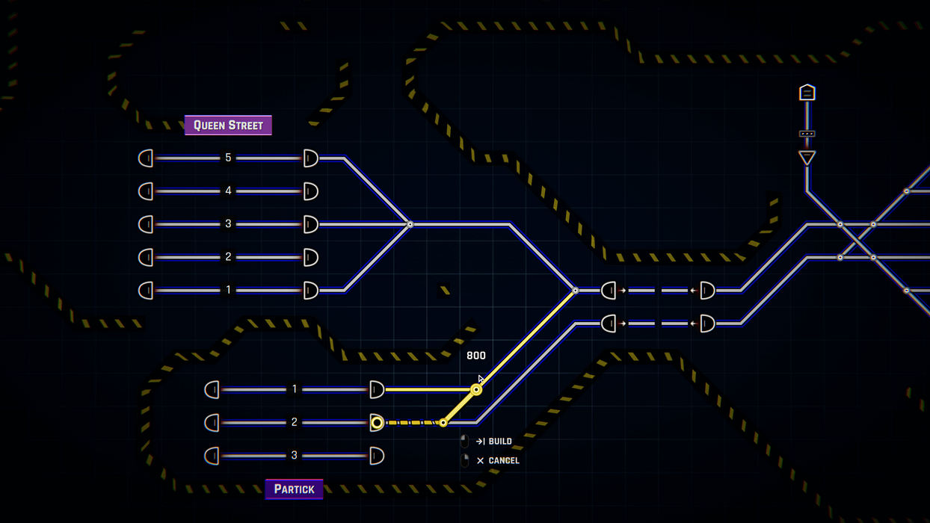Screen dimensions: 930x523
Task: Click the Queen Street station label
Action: click(228, 126)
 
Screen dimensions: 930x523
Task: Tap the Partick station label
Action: click(295, 489)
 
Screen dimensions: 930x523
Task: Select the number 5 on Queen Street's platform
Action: click(228, 158)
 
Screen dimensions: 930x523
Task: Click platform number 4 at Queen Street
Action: click(228, 191)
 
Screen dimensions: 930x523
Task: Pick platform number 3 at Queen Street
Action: click(228, 224)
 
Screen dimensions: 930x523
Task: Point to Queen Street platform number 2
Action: click(228, 257)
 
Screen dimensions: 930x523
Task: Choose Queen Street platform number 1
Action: click(228, 290)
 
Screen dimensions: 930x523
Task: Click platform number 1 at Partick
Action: click(295, 389)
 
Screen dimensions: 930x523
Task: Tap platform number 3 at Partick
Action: click(295, 455)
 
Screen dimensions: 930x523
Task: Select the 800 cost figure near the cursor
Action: click(475, 356)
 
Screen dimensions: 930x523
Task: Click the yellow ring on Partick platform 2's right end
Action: click(377, 423)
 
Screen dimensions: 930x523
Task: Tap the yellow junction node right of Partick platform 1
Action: click(476, 390)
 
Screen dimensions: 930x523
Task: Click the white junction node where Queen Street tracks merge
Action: click(410, 225)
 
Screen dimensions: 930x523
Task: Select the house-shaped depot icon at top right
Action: click(807, 92)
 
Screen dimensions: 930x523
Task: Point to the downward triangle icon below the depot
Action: click(807, 158)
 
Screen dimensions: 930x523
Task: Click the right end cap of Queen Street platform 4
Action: click(310, 191)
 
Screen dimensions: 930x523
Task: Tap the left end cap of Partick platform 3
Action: click(212, 457)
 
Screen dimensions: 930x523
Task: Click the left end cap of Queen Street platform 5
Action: click(146, 158)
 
